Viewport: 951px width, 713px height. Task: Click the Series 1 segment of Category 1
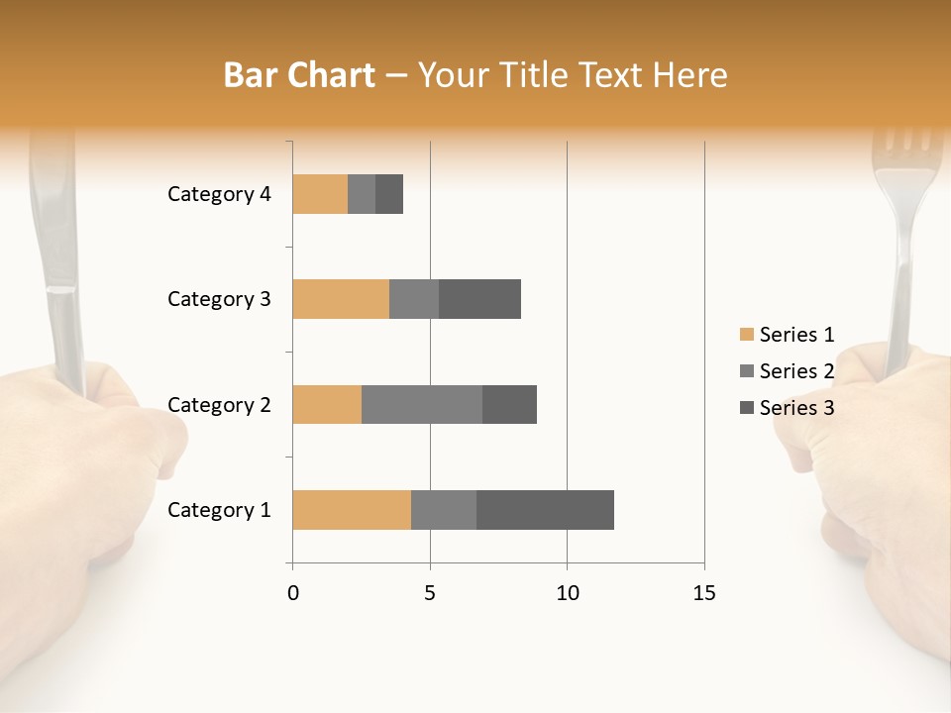coord(352,510)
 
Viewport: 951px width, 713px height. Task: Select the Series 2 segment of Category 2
coord(422,404)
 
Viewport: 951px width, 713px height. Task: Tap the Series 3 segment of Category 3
coord(479,299)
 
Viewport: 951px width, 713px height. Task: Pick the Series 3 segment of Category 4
coord(389,194)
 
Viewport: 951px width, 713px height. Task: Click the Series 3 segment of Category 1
coord(545,510)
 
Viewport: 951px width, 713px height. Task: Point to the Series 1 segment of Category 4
coord(320,194)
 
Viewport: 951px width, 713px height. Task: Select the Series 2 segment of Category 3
coord(414,299)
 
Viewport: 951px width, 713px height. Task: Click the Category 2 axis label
coord(219,405)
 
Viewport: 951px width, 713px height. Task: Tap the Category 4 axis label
coord(219,194)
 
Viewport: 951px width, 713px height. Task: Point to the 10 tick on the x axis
coord(567,593)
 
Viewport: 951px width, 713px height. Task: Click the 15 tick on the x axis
coord(703,593)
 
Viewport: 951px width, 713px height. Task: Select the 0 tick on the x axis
coord(292,593)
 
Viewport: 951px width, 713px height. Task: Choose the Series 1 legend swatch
coord(746,335)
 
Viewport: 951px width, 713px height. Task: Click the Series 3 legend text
coord(796,408)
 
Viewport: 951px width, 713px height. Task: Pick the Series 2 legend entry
coord(788,371)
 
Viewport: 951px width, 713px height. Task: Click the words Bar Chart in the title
coord(299,75)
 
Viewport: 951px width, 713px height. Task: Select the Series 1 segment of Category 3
coord(341,299)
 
